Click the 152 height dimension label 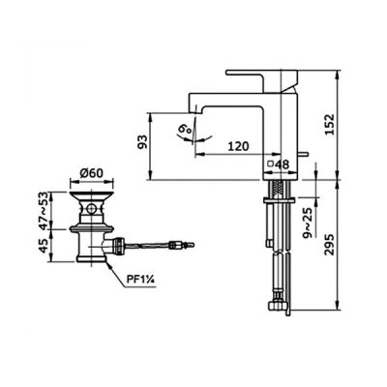coord(330,124)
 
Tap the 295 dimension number coord(330,245)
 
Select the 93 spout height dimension coord(142,142)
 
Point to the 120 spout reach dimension coord(239,146)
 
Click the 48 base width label coord(283,164)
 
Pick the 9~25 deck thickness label coord(309,223)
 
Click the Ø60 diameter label coord(92,173)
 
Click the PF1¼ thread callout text coord(140,280)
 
